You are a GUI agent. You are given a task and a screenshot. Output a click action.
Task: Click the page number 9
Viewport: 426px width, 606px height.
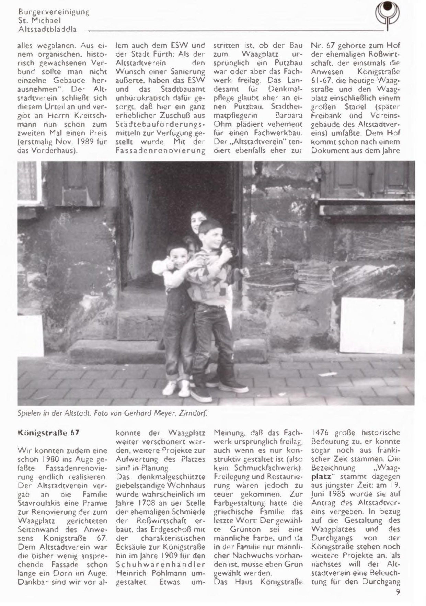398,592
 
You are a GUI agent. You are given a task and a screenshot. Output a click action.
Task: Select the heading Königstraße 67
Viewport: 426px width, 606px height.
48,433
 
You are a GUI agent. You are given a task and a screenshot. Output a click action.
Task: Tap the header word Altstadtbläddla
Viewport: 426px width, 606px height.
48,30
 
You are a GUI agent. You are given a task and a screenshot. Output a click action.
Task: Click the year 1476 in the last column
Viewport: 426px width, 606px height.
320,433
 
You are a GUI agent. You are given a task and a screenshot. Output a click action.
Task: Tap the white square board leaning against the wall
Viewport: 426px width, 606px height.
371,325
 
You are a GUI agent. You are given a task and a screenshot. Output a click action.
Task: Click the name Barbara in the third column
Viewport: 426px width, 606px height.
289,115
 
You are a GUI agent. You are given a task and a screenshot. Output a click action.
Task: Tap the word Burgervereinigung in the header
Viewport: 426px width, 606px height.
54,12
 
